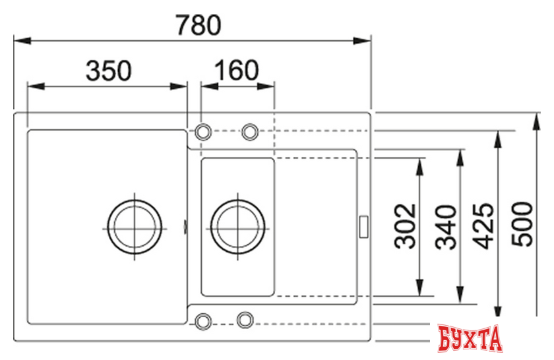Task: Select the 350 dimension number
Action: [109, 71]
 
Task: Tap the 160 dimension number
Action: [236, 71]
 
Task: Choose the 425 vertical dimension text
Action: [485, 227]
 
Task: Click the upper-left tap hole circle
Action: [204, 131]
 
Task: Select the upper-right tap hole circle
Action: [250, 132]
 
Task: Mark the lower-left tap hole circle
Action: [202, 320]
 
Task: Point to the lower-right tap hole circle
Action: [245, 320]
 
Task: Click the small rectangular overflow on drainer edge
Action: [363, 225]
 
